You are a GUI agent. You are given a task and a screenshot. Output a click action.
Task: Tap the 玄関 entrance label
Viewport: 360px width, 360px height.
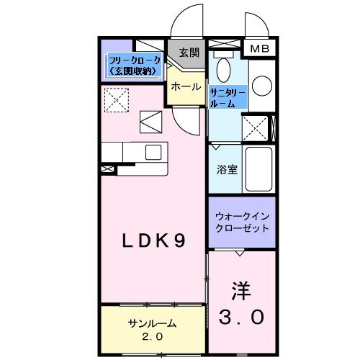189,53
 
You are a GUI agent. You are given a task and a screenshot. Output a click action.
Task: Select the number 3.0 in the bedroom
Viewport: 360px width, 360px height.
242,317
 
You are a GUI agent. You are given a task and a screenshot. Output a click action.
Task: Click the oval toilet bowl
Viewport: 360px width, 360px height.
223,71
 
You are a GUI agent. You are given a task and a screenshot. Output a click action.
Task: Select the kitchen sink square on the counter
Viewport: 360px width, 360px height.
153,152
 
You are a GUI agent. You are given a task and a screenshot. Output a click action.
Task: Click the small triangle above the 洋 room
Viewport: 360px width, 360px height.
240,254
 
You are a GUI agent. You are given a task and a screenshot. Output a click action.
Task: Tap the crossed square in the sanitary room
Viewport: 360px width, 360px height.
256,129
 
